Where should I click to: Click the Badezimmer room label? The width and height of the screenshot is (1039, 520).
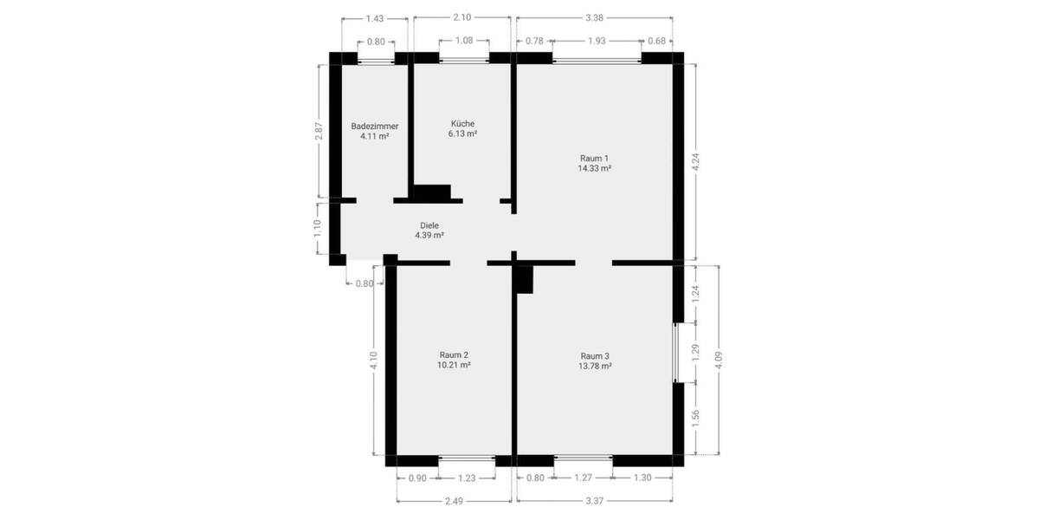click(374, 126)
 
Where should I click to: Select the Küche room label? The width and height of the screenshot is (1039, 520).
click(462, 123)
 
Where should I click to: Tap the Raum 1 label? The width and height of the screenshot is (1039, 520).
click(594, 158)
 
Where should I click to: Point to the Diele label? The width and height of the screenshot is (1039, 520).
click(429, 224)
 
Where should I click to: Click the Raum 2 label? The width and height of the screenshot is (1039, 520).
click(454, 354)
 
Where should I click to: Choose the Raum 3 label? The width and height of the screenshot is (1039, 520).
click(595, 355)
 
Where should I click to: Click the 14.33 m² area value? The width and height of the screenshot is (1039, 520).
click(594, 169)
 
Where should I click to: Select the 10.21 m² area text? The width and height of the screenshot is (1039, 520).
click(454, 366)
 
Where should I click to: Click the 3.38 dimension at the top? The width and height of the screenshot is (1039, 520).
click(594, 17)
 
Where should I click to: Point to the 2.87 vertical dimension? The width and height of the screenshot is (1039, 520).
click(319, 131)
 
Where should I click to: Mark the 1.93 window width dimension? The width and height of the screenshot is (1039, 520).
click(597, 41)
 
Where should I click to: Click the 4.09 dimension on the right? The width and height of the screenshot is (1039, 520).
click(718, 359)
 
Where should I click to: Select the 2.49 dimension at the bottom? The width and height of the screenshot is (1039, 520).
click(454, 499)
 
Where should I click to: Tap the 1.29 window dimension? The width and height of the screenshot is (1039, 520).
click(696, 353)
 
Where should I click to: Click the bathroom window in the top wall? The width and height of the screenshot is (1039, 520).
click(376, 60)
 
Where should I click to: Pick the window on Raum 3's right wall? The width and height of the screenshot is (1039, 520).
click(676, 353)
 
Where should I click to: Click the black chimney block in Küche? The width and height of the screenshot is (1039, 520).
click(431, 193)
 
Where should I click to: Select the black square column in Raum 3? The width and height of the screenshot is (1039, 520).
click(525, 279)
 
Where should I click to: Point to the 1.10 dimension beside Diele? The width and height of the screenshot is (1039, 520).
click(318, 228)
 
